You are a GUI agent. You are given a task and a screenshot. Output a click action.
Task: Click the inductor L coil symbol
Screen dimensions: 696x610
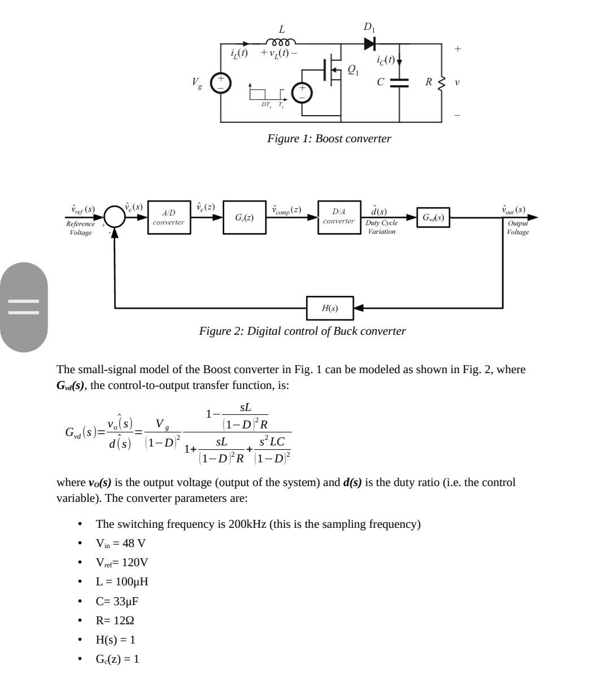(x=281, y=42)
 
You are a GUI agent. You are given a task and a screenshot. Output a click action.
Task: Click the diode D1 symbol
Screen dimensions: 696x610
(x=370, y=43)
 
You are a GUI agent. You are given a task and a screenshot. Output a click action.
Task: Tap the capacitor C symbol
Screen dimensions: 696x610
(x=399, y=82)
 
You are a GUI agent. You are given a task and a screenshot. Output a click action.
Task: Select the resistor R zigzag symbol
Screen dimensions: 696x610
(x=442, y=82)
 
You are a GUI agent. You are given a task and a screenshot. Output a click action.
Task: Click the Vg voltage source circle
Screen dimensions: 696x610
(x=221, y=83)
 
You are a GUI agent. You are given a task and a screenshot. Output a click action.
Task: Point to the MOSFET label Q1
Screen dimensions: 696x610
(x=352, y=69)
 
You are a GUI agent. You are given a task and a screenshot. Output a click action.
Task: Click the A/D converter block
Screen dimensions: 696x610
(x=169, y=217)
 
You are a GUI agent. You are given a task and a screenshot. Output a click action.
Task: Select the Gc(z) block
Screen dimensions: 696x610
(x=244, y=217)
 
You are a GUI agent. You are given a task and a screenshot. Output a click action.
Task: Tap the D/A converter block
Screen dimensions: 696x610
(x=339, y=217)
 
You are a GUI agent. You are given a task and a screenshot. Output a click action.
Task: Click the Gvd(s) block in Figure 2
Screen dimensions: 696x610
(x=433, y=217)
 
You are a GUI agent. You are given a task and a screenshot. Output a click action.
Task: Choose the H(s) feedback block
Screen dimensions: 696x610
(x=330, y=308)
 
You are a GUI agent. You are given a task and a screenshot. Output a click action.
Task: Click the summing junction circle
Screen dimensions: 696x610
(x=115, y=217)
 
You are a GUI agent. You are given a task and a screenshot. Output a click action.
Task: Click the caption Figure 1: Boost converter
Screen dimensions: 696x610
(x=329, y=139)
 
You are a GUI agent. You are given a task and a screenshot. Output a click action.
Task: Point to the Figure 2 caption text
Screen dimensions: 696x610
(x=302, y=331)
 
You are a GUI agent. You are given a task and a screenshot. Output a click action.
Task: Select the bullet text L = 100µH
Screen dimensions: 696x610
(x=122, y=582)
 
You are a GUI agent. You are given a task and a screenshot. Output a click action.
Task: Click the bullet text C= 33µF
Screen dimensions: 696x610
(x=117, y=601)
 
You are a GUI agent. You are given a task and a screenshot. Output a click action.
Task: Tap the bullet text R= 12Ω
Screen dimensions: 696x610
(x=115, y=620)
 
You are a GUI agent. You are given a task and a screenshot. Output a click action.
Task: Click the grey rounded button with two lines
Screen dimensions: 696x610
(x=24, y=307)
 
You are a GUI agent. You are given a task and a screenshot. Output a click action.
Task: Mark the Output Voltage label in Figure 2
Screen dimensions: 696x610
(x=517, y=227)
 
